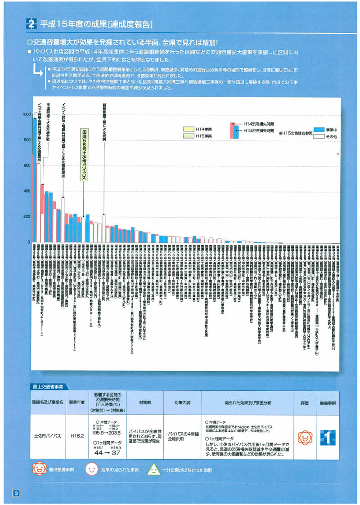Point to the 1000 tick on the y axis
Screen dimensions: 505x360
tap(26, 115)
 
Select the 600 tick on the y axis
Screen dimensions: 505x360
tap(27, 166)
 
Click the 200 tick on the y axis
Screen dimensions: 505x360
tap(27, 217)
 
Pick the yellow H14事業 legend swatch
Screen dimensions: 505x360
tap(187, 129)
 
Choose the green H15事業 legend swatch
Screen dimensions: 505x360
tap(187, 136)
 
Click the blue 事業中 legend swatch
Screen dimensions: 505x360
tap(319, 129)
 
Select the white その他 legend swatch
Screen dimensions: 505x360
tap(319, 136)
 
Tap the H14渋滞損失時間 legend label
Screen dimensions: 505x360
tap(258, 123)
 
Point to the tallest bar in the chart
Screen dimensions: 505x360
tap(34, 180)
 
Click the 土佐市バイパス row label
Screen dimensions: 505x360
tap(48, 436)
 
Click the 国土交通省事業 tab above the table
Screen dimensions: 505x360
tap(48, 386)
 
